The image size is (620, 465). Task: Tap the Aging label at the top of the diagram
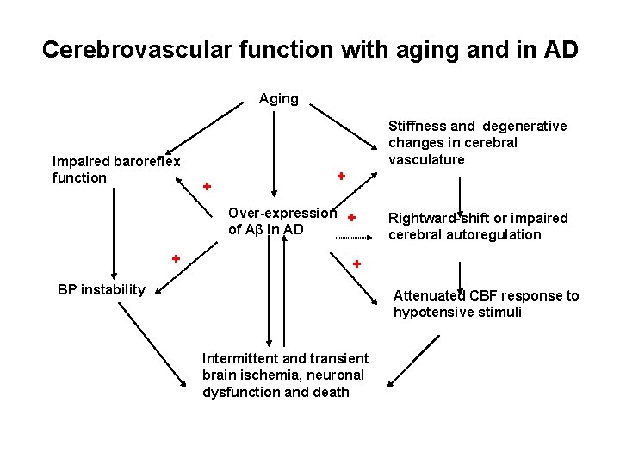click(279, 98)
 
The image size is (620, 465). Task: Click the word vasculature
click(426, 159)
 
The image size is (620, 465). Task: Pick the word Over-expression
click(282, 213)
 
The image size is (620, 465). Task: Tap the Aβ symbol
click(254, 229)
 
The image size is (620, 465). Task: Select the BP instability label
click(102, 289)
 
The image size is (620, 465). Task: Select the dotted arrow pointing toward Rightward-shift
click(356, 237)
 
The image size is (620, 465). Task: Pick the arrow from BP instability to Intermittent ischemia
click(155, 345)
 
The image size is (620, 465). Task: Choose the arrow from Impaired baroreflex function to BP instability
click(113, 228)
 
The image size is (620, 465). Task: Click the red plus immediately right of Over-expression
click(352, 218)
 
